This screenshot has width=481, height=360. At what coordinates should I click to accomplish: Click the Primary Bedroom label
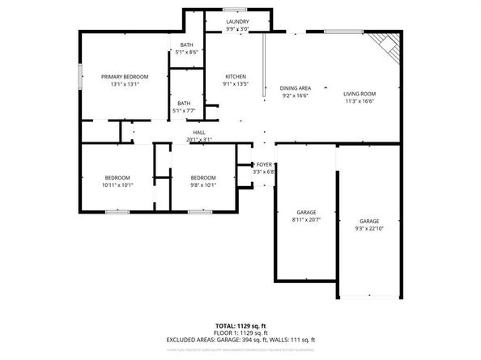125,76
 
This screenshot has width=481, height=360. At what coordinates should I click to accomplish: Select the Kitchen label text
235,76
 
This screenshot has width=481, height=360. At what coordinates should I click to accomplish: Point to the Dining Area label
295,87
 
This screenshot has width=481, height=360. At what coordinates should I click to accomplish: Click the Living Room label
360,94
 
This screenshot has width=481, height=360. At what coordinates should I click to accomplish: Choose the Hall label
198,132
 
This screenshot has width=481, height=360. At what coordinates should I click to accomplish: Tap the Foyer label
264,164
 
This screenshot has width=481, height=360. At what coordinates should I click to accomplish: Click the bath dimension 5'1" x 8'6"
185,53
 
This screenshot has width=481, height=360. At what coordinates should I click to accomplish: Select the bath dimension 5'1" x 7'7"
185,111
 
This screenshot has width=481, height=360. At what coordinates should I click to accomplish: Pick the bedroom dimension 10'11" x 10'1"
117,184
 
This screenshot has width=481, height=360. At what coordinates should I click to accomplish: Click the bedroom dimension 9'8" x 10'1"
203,184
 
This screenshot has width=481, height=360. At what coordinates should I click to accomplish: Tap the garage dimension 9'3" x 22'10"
369,229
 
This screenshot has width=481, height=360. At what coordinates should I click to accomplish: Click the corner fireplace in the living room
386,47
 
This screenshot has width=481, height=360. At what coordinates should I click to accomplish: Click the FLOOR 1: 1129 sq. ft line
240,332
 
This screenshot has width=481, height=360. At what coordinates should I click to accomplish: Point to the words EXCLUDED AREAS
193,340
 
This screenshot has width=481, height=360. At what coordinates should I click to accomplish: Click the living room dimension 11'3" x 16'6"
360,102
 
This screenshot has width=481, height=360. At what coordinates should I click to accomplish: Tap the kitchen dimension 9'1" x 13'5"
235,83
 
